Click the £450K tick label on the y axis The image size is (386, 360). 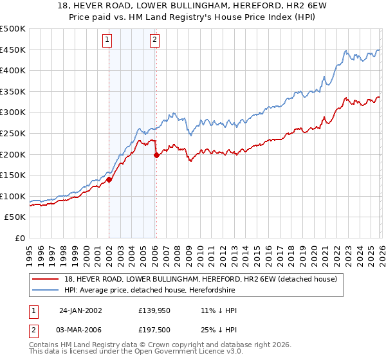(13, 50)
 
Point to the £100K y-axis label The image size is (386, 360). (13, 196)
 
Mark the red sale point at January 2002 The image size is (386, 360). (109, 180)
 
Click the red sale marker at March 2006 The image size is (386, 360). (156, 155)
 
